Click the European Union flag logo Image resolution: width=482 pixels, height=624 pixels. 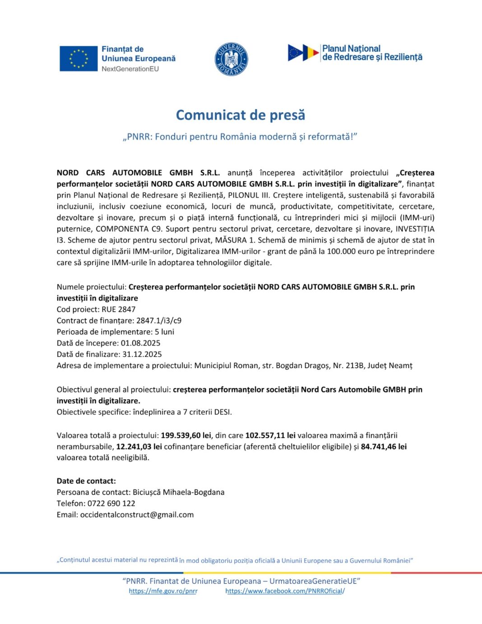pos(79,59)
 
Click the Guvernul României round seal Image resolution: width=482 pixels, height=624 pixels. pos(231,60)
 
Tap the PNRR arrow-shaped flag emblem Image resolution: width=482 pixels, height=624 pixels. pos(303,53)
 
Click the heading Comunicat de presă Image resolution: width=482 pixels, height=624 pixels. pos(241,115)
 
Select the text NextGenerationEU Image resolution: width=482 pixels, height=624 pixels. pos(130,69)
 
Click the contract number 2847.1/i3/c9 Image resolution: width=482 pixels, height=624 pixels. pos(159,321)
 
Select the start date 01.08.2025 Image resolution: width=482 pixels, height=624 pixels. pos(140,343)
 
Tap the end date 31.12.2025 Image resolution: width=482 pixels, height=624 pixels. pos(142,355)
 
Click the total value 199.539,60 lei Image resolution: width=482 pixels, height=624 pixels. pos(186,436)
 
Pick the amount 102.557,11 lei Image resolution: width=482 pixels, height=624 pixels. pos(270,436)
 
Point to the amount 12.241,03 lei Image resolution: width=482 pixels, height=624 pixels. pos(139,447)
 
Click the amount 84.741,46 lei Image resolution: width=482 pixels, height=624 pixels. pos(384,447)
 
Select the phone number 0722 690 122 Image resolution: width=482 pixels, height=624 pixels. pos(111,504)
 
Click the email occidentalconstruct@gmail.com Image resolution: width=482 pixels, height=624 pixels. pos(137,515)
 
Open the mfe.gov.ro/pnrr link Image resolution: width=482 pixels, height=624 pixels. pos(163,591)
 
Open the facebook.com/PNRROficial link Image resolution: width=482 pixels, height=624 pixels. pos(285,591)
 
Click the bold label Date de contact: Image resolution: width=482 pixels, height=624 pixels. pos(86,481)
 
